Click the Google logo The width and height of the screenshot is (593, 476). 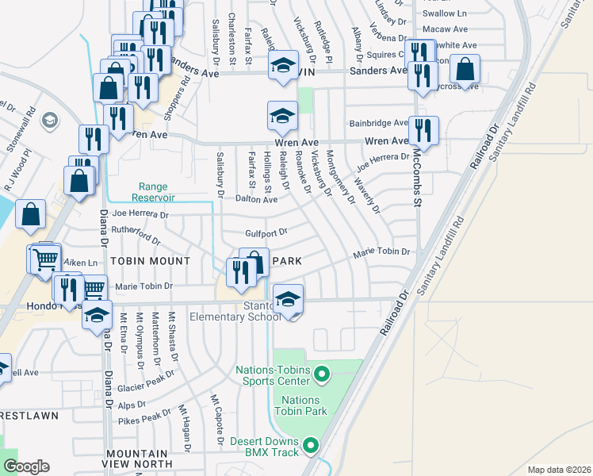click(26, 466)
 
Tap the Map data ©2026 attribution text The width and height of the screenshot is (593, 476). click(560, 470)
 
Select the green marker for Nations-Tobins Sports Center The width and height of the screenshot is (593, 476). click(321, 373)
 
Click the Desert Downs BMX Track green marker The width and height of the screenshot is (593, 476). click(311, 446)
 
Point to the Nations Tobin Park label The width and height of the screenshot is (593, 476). click(300, 405)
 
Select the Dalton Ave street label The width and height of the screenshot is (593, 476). click(256, 200)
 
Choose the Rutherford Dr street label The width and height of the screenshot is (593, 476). click(136, 236)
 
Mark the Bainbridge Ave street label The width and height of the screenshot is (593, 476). click(378, 123)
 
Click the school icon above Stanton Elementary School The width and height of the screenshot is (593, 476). click(288, 299)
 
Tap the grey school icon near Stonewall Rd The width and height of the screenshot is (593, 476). click(49, 121)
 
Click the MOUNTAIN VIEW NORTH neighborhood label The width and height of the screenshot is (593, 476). click(139, 458)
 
